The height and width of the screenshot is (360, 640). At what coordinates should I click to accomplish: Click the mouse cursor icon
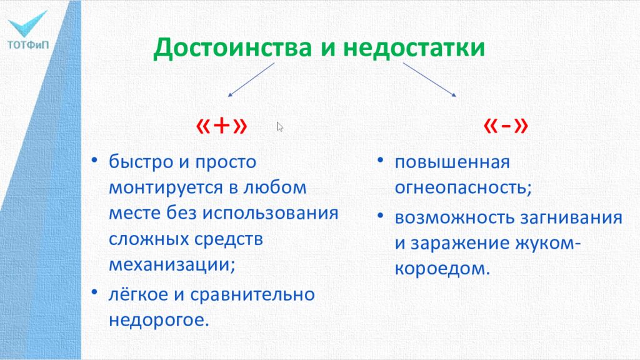pos(280,127)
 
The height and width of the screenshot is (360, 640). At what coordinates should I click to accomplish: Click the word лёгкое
pos(140,294)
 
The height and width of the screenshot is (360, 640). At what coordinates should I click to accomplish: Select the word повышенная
pos(452,162)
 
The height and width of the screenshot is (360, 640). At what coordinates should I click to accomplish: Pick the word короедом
pos(439,269)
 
